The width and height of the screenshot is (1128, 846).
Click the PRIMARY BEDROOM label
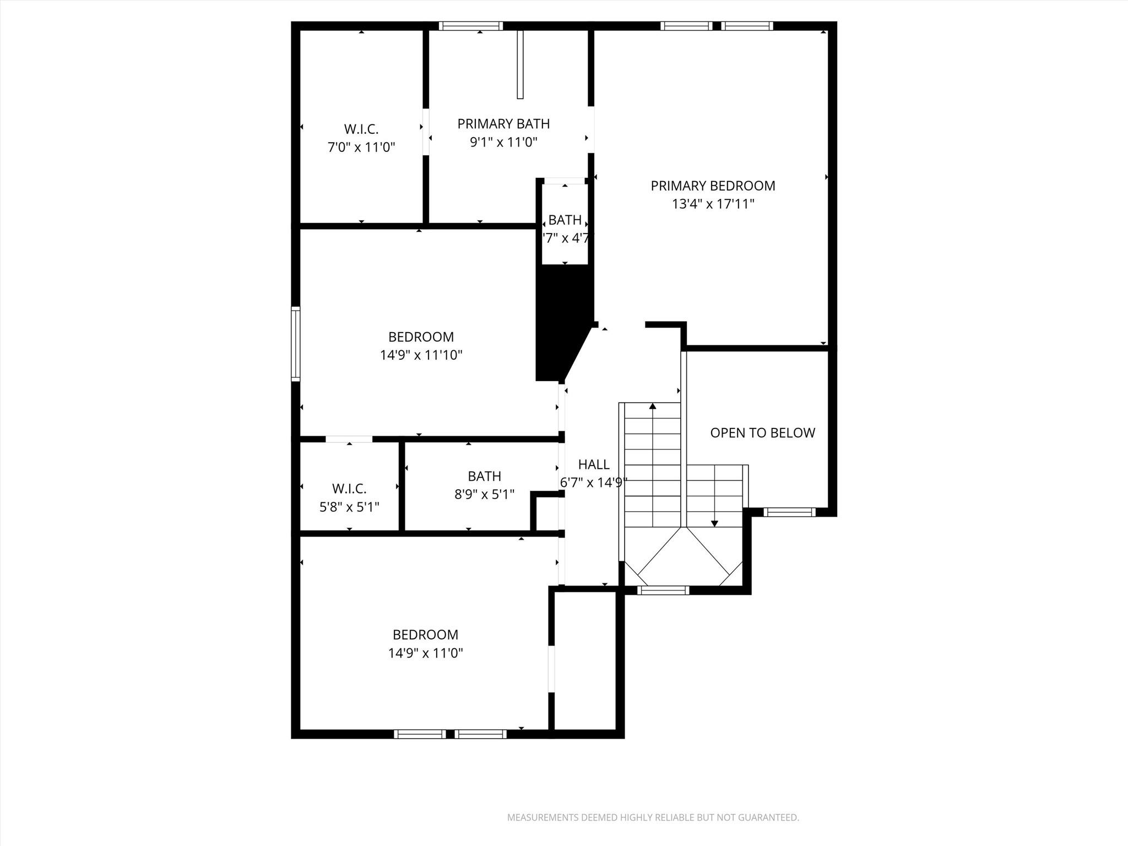713,186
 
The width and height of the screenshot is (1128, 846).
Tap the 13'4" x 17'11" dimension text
713,204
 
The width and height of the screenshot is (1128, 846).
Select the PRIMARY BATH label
503,124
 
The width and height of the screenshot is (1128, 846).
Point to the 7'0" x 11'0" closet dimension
361,148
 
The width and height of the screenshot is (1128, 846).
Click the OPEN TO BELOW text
762,433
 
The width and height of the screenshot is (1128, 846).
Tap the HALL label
593,464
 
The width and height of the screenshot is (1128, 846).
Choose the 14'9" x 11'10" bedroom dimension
421,355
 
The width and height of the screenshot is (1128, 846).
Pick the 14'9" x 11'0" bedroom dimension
425,653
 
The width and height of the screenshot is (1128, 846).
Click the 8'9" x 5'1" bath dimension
484,495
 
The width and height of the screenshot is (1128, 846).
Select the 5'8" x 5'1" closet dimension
349,507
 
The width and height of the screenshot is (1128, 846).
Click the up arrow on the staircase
653,406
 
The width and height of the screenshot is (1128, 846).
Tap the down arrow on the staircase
714,523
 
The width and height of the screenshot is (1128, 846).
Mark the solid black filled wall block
562,319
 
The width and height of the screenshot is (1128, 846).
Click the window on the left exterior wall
296,344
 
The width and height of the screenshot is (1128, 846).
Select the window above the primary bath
471,26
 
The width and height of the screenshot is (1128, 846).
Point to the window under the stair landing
663,590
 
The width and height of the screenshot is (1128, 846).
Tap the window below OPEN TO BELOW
789,512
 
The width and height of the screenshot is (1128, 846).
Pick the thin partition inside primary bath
520,64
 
